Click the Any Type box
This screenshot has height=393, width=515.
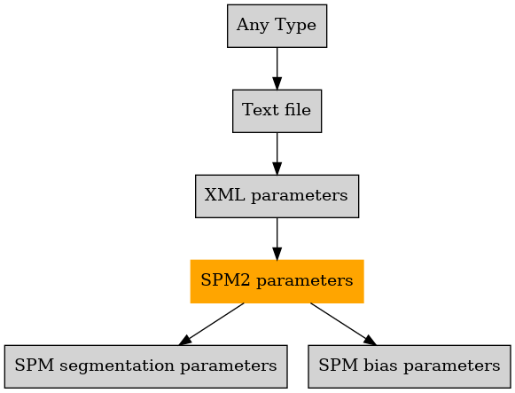pyautogui.click(x=277, y=26)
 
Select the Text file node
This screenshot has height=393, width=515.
pyautogui.click(x=277, y=111)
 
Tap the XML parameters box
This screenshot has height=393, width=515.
pyautogui.click(x=277, y=196)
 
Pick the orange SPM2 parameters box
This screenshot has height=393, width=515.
pyautogui.click(x=277, y=281)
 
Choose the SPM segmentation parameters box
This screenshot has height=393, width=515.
pyautogui.click(x=146, y=366)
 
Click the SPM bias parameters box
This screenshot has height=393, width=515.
pyautogui.click(x=410, y=366)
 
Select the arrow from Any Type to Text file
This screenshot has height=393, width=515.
pyautogui.click(x=277, y=68)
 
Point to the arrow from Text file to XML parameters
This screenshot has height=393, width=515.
pyautogui.click(x=277, y=153)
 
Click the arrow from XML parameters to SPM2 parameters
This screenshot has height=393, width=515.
pyautogui.click(x=277, y=239)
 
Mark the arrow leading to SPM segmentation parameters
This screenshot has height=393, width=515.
pyautogui.click(x=211, y=324)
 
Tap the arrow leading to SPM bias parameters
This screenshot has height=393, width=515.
pyautogui.click(x=343, y=324)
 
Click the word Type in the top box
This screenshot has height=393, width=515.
pyautogui.click(x=295, y=26)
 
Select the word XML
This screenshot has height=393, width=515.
pyautogui.click(x=224, y=195)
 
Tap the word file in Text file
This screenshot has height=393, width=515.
pyautogui.click(x=298, y=109)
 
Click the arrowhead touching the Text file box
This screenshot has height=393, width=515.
pyautogui.click(x=277, y=83)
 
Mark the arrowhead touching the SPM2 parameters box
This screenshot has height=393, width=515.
pyautogui.click(x=277, y=254)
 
